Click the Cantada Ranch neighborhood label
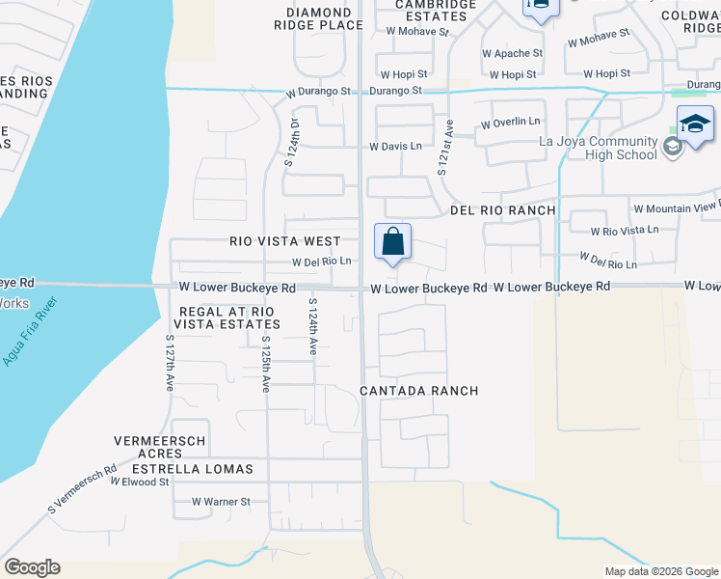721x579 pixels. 418,391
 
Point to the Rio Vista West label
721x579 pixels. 284,241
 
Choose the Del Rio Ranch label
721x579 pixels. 502,210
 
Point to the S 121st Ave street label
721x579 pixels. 445,147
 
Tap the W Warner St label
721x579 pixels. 221,502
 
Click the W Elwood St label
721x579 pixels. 139,482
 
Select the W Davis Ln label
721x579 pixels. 395,147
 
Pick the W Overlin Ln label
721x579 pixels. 511,124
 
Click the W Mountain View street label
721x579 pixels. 676,208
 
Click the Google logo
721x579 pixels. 32,567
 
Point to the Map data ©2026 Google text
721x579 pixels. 660,571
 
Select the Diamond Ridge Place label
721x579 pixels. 310,18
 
